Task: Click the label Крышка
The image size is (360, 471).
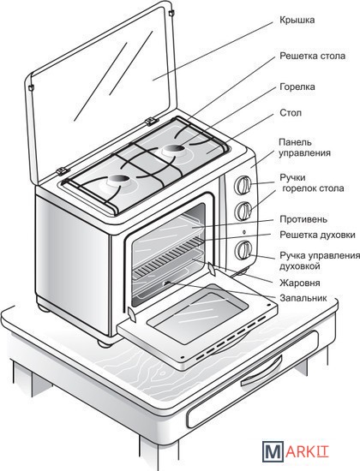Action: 297,21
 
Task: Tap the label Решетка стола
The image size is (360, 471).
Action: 313,56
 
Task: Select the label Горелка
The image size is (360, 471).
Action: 297,86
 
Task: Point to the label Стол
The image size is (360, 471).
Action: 291,113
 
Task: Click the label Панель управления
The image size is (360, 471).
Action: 304,147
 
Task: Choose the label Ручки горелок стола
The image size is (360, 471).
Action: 312,183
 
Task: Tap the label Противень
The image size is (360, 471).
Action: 303,219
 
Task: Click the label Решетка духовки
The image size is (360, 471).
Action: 317,235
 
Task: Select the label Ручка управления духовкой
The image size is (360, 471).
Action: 320,260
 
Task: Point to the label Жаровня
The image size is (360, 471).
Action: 299,283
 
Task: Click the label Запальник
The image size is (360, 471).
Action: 303,298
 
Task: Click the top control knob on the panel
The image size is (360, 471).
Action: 243,185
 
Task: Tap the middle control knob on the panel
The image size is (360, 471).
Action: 243,211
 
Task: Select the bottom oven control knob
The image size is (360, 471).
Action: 243,250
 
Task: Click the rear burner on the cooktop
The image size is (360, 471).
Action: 175,149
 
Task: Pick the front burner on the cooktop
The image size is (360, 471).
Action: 118,181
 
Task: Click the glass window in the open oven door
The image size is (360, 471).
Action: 197,314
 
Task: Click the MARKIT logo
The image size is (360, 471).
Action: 295,451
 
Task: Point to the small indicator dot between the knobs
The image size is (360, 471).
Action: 243,231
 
